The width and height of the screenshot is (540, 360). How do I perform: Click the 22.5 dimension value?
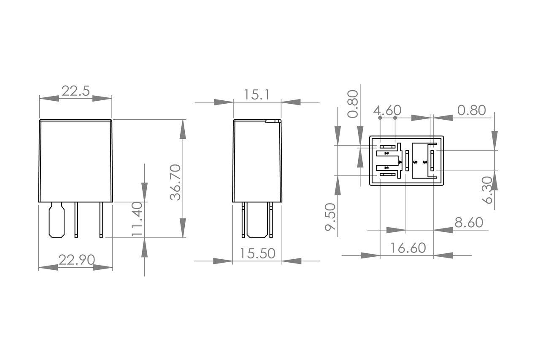pyautogui.click(x=76, y=91)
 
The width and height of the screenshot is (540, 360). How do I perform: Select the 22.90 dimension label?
pyautogui.click(x=76, y=260)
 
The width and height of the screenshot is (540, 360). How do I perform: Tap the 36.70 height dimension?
pyautogui.click(x=175, y=182)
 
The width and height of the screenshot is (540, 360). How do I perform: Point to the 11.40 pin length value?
pyautogui.click(x=138, y=219)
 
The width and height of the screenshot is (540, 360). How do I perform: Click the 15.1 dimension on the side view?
pyautogui.click(x=256, y=95)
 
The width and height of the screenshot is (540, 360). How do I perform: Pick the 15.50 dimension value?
pyautogui.click(x=257, y=253)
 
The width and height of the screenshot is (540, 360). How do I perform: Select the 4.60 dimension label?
pyautogui.click(x=387, y=110)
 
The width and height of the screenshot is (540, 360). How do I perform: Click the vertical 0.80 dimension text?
pyautogui.click(x=353, y=104)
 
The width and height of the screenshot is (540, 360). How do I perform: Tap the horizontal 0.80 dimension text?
pyautogui.click(x=472, y=110)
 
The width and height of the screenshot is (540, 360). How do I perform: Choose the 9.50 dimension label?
pyautogui.click(x=330, y=217)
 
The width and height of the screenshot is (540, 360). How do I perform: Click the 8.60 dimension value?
pyautogui.click(x=469, y=222)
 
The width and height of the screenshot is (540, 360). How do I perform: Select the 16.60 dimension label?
pyautogui.click(x=408, y=248)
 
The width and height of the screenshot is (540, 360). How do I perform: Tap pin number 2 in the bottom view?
pyautogui.click(x=386, y=153)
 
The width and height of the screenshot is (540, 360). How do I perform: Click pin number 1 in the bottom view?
pyautogui.click(x=386, y=168)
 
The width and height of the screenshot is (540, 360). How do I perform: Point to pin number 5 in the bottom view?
pyautogui.click(x=415, y=162)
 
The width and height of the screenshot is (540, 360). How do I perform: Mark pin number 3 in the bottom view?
pyautogui.click(x=425, y=162)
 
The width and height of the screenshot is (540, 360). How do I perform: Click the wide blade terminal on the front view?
pyautogui.click(x=56, y=220)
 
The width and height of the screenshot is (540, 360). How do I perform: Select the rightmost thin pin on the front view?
pyautogui.click(x=101, y=220)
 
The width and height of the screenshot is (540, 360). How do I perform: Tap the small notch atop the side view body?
pyautogui.click(x=273, y=121)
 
